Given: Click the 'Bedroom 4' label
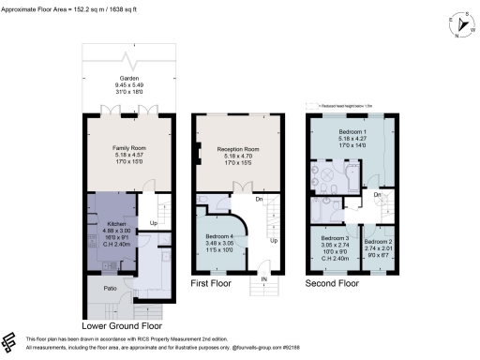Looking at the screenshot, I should pos(218,239).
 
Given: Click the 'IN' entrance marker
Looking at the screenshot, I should pos(263,278).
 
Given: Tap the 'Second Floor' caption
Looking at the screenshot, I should pos(332,281).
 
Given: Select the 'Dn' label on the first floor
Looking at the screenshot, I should pos(259,198).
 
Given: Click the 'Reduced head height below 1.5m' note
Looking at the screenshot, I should pos(344,106).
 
